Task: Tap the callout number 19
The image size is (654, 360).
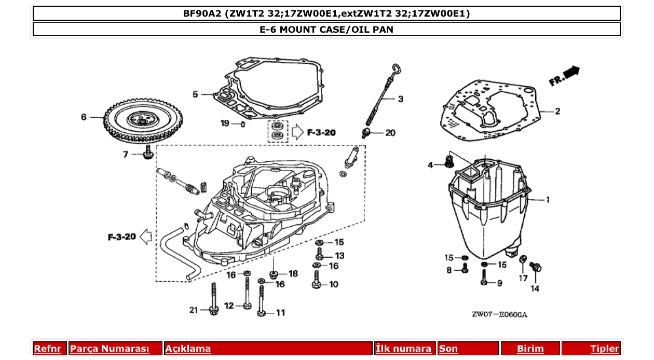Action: coord(224,123)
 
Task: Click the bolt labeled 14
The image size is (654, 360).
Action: coord(536,268)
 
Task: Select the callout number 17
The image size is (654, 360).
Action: coord(523,278)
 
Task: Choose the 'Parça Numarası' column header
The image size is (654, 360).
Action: coord(110,349)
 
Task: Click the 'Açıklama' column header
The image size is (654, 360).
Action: coord(188,349)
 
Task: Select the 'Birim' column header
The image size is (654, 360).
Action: coord(530,349)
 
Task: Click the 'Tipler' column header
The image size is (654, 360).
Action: coord(604,349)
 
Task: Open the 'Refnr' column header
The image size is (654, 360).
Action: coord(47,349)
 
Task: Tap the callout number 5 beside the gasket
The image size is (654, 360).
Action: coord(195,94)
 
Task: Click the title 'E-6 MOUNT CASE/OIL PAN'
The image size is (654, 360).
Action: coord(326,30)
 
